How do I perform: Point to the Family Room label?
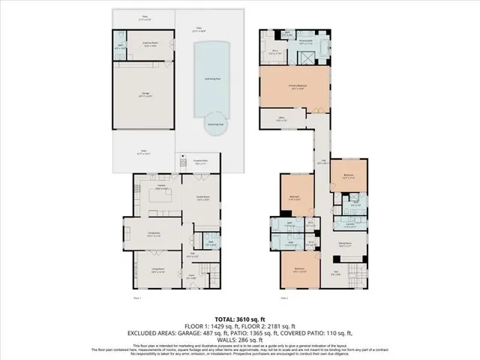[202, 198]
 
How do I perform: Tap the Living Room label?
[157, 271]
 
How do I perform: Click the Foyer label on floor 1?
[191, 277]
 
